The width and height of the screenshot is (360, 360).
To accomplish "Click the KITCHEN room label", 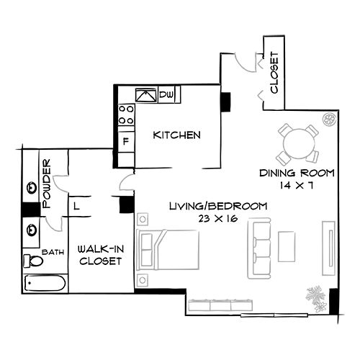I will click(x=176, y=135).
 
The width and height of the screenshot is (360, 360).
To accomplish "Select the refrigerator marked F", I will click(x=126, y=140).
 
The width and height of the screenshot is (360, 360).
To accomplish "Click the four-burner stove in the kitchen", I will click(x=126, y=115).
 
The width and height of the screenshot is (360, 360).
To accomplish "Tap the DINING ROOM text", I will click(x=298, y=173).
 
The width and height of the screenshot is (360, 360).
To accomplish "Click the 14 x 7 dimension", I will click(x=297, y=185).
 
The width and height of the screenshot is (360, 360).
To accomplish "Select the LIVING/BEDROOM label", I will click(x=217, y=206).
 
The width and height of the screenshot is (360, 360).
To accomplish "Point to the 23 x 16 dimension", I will click(x=217, y=218).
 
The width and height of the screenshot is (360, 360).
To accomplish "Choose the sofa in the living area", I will click(x=258, y=249).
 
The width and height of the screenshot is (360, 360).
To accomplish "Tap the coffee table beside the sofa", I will click(x=287, y=246).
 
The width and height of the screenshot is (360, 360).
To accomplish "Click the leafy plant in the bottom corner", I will click(x=315, y=296).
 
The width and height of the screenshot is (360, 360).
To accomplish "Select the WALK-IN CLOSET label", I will click(x=99, y=253).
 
